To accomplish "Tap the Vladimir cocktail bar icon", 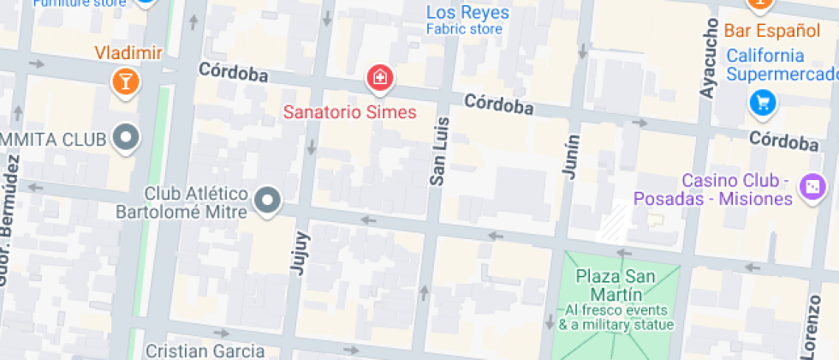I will click(126, 82).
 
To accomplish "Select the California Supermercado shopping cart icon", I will click(761, 104).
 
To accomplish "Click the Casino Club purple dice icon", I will click(810, 187).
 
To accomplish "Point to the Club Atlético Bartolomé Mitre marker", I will click(269, 201).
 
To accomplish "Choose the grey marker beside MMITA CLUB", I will click(128, 137).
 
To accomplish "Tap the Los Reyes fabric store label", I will click(467, 13).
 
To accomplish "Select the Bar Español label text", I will click(771, 31).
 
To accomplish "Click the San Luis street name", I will click(437, 151).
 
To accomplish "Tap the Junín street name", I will click(571, 157).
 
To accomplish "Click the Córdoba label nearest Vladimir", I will click(233, 73).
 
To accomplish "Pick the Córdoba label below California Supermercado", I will click(783, 140).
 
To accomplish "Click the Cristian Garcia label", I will click(205, 351).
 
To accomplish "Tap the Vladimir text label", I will click(128, 53).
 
